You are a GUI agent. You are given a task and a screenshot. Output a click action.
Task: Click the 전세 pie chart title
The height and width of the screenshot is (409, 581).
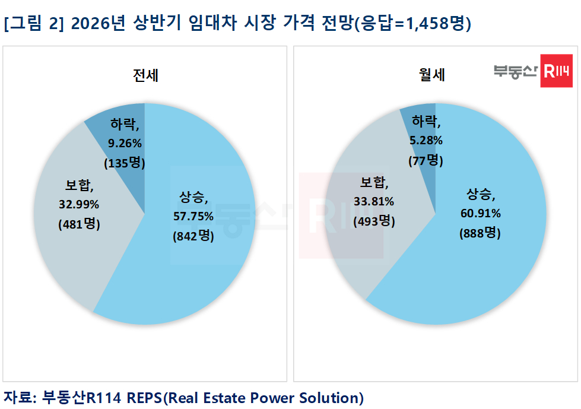pos(145,75)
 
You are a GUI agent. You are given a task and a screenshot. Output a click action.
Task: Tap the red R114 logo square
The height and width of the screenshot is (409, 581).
pos(556,71)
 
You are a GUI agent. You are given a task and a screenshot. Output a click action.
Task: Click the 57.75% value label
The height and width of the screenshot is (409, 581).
pos(193,216)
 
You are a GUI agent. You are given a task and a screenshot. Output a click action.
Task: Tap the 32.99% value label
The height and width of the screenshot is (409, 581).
pos(79,205)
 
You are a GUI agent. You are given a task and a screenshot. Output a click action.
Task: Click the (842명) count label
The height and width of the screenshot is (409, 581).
pos(193,236)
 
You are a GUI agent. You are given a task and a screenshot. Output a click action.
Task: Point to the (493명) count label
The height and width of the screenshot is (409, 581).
pos(373,221)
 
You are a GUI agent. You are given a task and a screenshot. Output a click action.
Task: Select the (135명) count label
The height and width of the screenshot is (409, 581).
pos(125,162)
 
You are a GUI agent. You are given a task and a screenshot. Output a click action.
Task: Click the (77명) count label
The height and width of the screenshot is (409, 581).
pos(426,160)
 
